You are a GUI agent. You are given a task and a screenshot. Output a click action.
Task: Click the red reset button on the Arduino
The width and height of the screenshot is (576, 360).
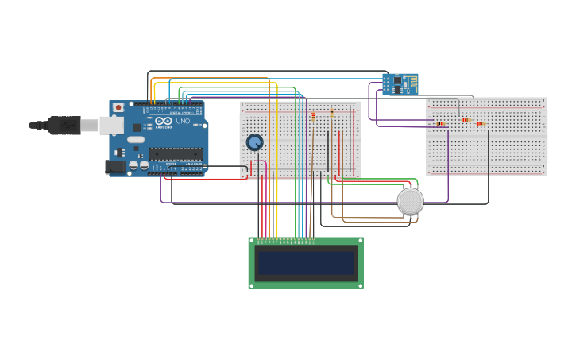tap(118, 107)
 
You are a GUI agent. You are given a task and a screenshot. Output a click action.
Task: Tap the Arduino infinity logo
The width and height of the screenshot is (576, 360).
tap(164, 122)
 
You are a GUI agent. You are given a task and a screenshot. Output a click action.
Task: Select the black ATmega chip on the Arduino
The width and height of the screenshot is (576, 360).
tap(175, 153)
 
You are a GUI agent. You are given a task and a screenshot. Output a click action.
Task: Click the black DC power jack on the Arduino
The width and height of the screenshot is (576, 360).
tap(115, 167)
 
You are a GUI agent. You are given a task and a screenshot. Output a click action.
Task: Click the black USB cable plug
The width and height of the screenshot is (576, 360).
tap(64, 125)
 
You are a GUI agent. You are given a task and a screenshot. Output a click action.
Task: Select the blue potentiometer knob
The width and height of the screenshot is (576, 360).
tap(254, 142)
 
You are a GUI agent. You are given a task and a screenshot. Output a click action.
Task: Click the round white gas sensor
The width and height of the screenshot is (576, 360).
tap(410, 201)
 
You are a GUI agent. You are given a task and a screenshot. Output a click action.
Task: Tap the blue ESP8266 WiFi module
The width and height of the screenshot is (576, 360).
tap(400, 83)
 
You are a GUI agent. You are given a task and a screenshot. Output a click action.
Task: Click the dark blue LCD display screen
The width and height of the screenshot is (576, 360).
tap(306, 263)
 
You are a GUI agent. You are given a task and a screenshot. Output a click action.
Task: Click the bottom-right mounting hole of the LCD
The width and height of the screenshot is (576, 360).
tap(359, 285)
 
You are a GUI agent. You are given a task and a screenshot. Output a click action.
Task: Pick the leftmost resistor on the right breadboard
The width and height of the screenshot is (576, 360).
tap(440, 123)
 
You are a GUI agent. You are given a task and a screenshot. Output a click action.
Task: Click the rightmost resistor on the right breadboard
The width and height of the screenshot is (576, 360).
tap(481, 123)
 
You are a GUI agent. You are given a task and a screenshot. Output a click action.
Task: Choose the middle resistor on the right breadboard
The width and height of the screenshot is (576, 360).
tap(466, 120)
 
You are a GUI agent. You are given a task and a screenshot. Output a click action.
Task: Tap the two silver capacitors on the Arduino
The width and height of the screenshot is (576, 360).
tap(138, 165)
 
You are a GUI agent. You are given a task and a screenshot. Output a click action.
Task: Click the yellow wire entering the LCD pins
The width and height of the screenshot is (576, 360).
tap(276, 230)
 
